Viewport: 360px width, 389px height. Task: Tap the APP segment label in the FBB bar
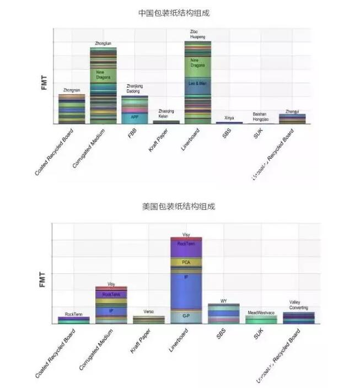(x=135, y=117)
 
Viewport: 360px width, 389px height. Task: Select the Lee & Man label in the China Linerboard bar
(x=197, y=83)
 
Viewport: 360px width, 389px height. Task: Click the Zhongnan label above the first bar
(x=72, y=90)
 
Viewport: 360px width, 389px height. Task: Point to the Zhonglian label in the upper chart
(x=103, y=42)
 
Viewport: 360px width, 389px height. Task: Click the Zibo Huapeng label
(x=197, y=34)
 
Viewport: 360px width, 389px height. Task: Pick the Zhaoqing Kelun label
(x=166, y=114)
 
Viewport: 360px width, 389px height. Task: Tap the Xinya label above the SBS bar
(x=229, y=118)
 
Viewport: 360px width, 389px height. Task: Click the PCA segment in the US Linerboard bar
(x=186, y=262)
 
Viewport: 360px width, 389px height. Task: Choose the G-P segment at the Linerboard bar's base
(x=186, y=316)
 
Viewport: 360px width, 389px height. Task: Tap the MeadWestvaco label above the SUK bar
(x=261, y=312)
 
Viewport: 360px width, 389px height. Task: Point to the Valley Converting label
(x=298, y=305)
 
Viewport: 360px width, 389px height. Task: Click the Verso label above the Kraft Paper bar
(x=149, y=312)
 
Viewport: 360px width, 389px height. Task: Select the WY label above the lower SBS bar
(x=223, y=300)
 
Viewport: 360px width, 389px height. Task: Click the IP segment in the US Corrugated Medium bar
(x=111, y=311)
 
